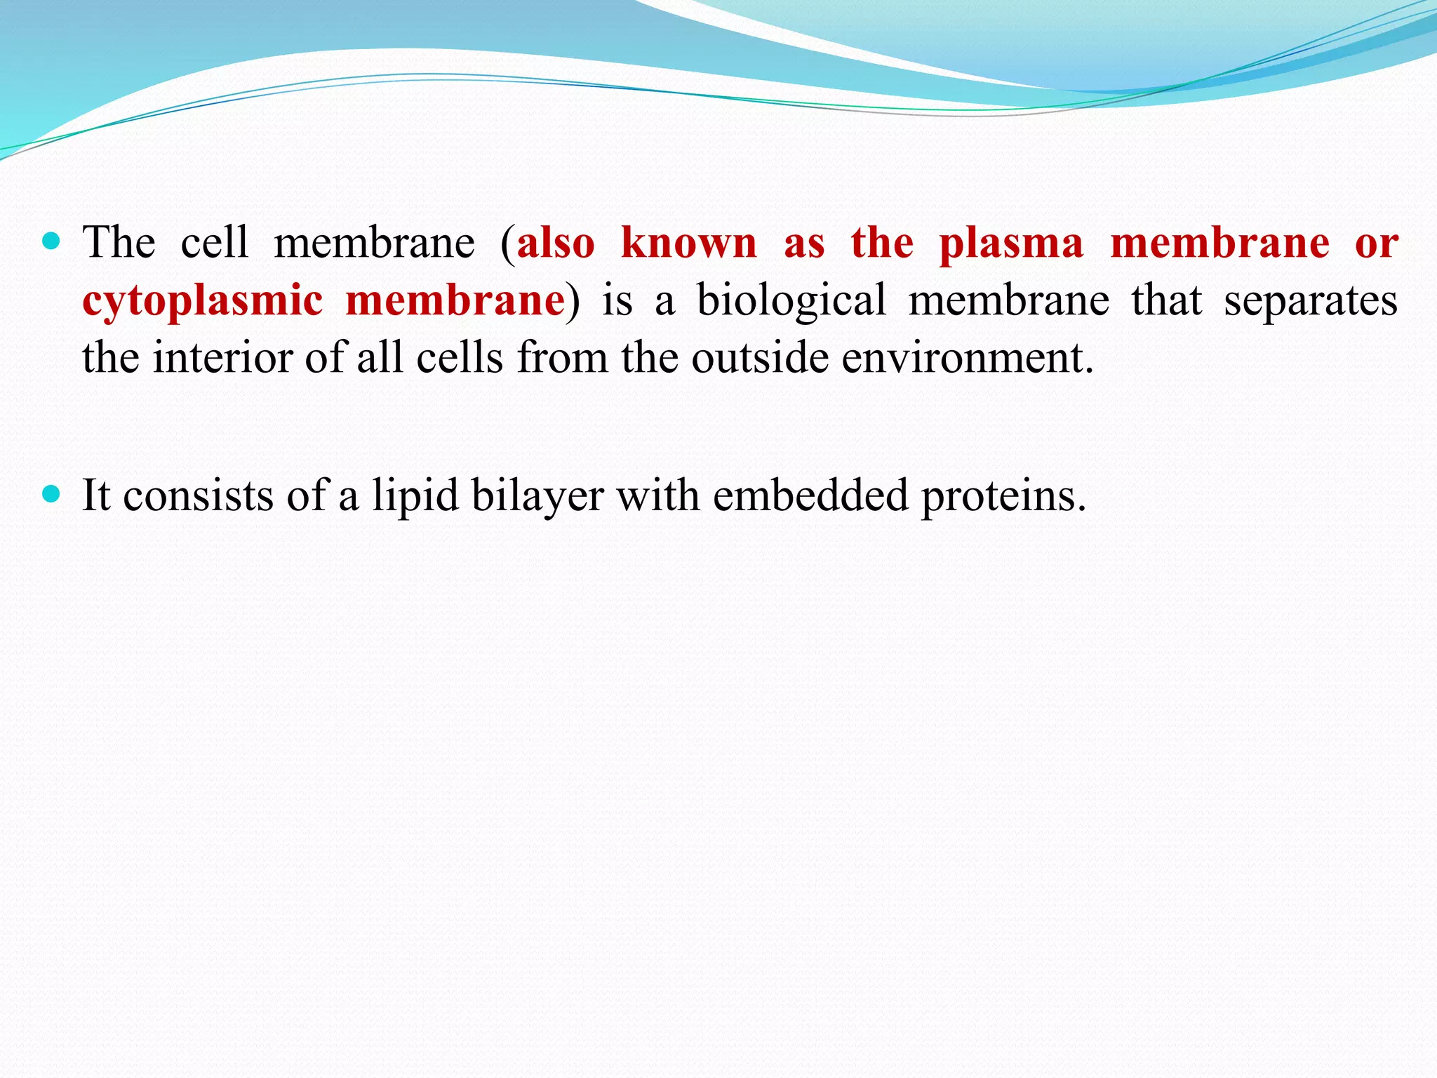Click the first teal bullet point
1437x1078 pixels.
pyautogui.click(x=51, y=242)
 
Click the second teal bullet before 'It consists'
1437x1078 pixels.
pyautogui.click(x=51, y=495)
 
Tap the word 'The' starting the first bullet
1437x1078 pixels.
pyautogui.click(x=119, y=243)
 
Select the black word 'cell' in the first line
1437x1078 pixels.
pyautogui.click(x=215, y=243)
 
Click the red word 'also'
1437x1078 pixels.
pyautogui.click(x=556, y=243)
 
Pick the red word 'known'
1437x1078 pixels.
pyautogui.click(x=689, y=243)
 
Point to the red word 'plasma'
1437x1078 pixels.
pyautogui.click(x=1011, y=243)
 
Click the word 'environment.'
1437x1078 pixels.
pyautogui.click(x=968, y=358)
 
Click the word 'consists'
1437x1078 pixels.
pyautogui.click(x=198, y=495)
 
